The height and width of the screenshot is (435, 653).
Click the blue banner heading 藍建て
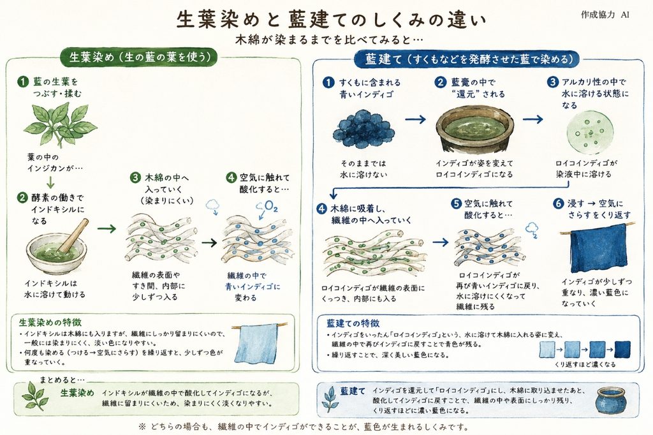(466, 59)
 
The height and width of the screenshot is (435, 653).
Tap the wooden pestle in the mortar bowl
(73, 235)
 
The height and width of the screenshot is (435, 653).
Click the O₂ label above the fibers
(270, 206)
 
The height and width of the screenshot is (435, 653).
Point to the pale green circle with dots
(587, 132)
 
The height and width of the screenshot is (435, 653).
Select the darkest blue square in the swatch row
(622, 349)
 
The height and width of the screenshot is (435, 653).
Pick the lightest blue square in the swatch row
(547, 349)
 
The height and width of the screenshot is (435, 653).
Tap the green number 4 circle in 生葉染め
(231, 178)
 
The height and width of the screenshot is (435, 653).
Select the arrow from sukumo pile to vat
(415, 119)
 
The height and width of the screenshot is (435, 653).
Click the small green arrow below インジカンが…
(50, 182)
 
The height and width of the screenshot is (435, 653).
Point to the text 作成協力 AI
(605, 15)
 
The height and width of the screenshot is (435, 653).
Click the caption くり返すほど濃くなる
(585, 365)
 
